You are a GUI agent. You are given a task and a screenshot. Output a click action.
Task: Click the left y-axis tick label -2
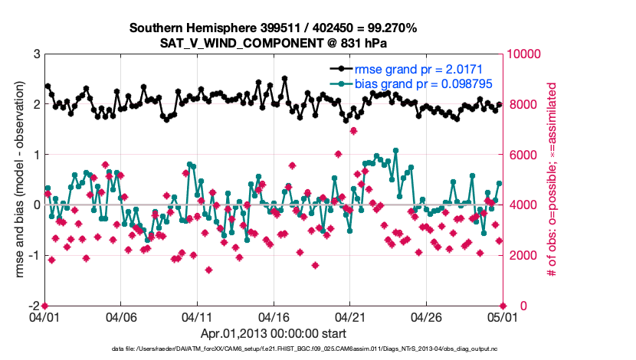pyautogui.click(x=35, y=306)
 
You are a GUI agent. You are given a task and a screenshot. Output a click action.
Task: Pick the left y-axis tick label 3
pyautogui.click(x=37, y=54)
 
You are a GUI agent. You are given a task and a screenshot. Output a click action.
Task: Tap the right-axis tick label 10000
pyautogui.click(x=523, y=54)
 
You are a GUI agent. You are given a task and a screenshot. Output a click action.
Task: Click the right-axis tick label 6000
pyautogui.click(x=520, y=155)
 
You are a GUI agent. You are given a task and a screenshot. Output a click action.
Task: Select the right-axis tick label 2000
pyautogui.click(x=520, y=255)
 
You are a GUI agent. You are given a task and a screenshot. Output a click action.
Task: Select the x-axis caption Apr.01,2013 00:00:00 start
pyautogui.click(x=274, y=333)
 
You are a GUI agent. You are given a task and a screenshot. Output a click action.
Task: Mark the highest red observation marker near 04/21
pyautogui.click(x=353, y=131)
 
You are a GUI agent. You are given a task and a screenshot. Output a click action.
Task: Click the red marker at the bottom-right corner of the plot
pyautogui.click(x=502, y=306)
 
